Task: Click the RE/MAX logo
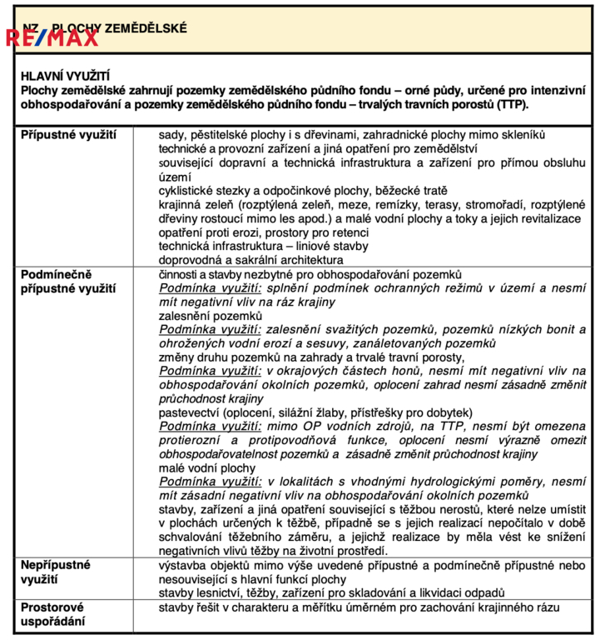click(x=52, y=36)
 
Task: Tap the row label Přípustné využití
click(x=69, y=134)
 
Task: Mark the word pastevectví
click(x=191, y=412)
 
